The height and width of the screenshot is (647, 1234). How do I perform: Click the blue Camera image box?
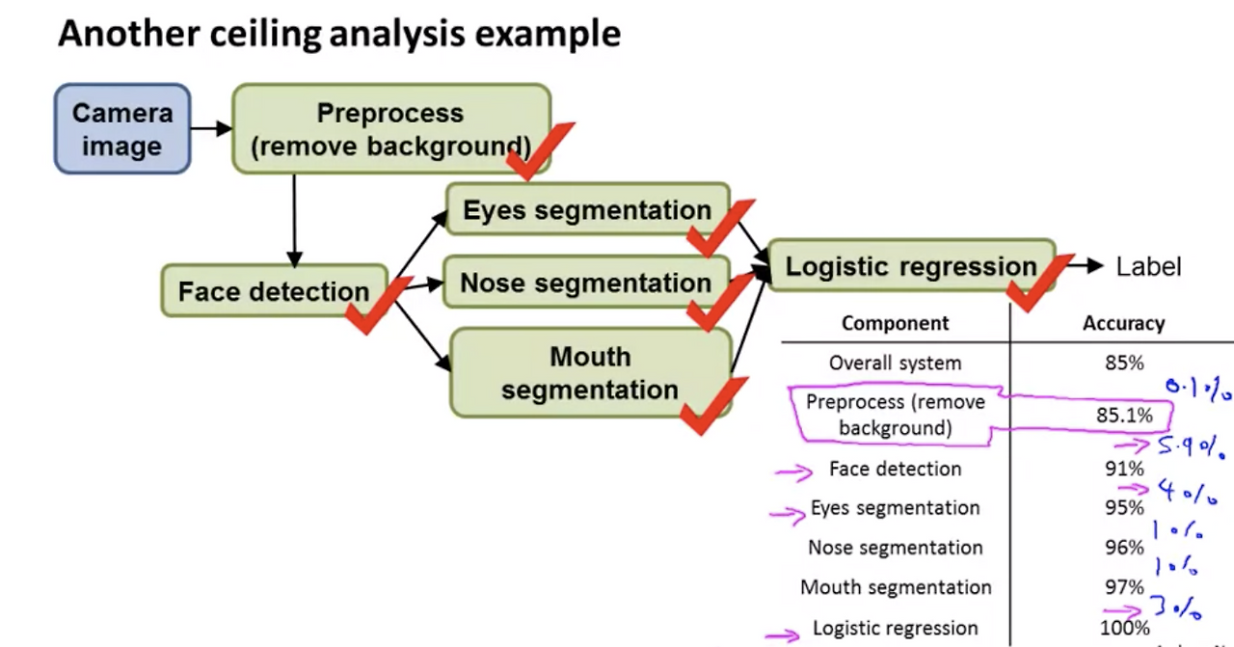click(121, 129)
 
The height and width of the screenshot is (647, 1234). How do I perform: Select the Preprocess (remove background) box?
click(390, 128)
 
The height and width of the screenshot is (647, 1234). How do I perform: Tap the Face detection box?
click(274, 291)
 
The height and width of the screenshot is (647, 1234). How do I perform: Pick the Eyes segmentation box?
click(587, 210)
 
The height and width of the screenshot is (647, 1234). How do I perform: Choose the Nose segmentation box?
click(585, 283)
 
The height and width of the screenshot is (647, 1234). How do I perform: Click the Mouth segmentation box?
click(590, 373)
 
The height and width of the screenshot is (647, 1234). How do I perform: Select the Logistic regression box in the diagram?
click(910, 266)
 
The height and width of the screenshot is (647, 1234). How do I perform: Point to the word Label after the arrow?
click(1147, 267)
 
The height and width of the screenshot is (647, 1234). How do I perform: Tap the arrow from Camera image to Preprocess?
click(211, 128)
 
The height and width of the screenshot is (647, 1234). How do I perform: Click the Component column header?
click(895, 324)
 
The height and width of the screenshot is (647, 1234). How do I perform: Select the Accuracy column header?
click(1123, 324)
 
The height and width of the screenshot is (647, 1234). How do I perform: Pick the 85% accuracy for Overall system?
click(1124, 364)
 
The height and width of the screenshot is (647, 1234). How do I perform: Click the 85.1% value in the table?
click(1124, 416)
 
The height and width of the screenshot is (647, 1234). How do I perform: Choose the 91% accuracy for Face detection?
click(1124, 470)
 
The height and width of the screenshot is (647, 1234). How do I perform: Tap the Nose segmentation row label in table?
click(896, 548)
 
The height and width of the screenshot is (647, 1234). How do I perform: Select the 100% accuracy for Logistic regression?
click(1124, 629)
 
